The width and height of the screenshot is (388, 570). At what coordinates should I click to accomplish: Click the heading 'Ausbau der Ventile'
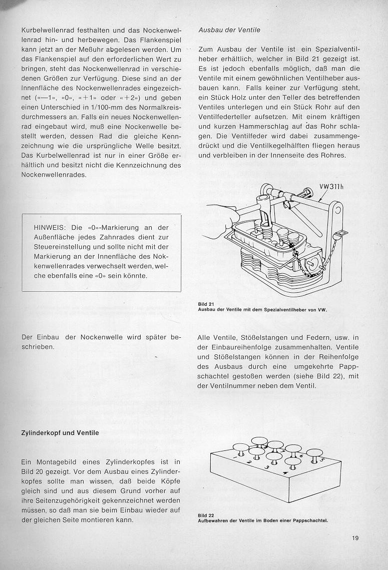coord(229,30)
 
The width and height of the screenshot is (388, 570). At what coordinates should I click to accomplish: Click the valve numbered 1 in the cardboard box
coord(239,448)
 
